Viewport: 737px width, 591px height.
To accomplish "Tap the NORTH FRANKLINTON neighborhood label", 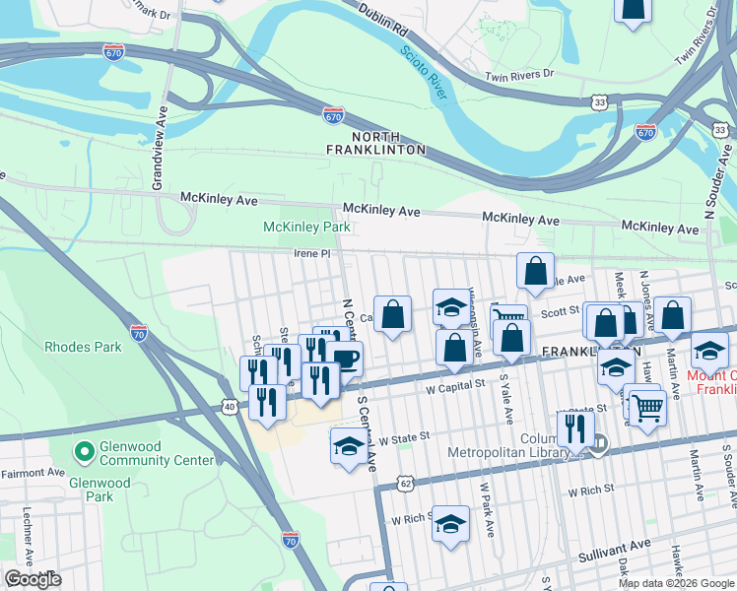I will pos(376,142).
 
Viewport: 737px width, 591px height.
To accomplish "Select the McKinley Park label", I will pos(306,228).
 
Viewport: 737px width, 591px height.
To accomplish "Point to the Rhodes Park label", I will pos(83,347).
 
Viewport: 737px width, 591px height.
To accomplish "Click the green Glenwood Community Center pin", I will pos(83,452).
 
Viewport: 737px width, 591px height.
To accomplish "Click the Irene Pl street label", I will pos(310,253).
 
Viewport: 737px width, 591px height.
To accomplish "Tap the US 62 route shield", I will pos(405,484).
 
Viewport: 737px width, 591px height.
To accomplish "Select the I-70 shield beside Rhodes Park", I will pos(139,333).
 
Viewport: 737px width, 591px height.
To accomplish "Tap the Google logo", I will pos(33,579).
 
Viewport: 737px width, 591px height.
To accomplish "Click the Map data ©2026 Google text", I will pos(676,583).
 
